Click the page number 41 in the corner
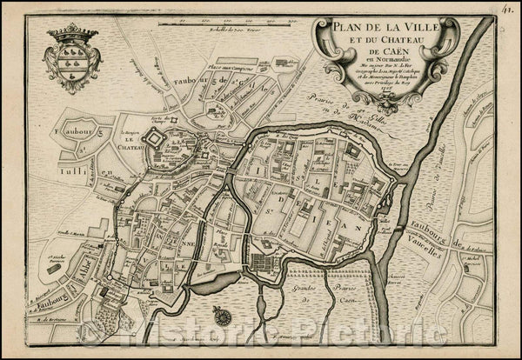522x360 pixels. point(507,10)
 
